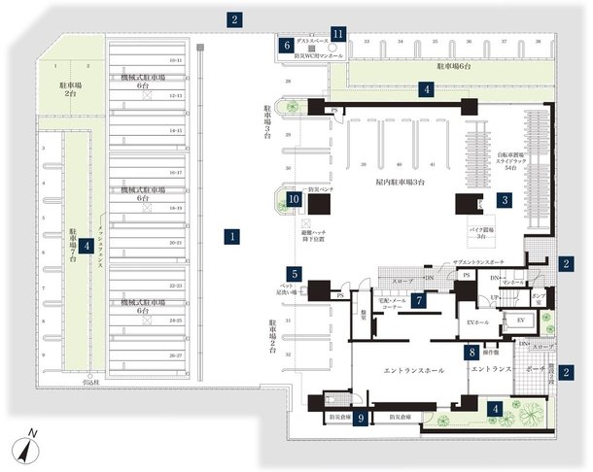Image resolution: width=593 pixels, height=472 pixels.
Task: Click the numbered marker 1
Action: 233,235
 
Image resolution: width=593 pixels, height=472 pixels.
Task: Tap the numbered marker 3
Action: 505,199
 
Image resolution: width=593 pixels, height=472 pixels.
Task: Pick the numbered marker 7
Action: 417,300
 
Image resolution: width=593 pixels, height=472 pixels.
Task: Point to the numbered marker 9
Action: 362,419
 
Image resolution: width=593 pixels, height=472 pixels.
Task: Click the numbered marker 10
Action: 295,200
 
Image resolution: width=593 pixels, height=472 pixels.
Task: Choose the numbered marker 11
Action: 337,33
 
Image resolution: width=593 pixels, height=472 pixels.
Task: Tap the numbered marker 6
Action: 288,45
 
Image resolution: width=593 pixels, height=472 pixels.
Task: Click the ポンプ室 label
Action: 537,298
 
